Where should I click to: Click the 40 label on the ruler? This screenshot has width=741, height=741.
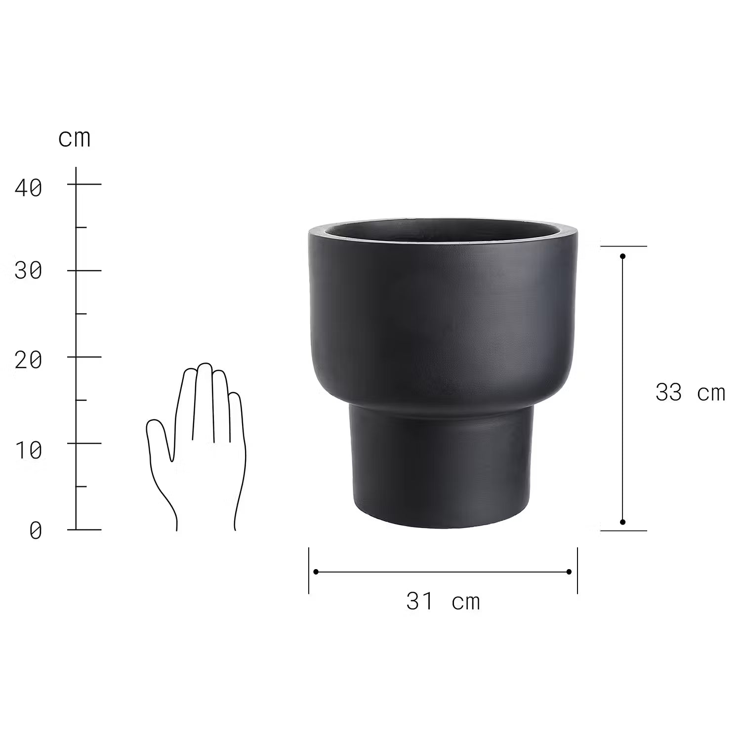click(29, 188)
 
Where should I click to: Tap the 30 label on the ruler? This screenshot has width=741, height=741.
click(29, 271)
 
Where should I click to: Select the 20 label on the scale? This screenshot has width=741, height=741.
click(29, 361)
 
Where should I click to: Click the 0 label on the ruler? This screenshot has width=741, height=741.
click(36, 531)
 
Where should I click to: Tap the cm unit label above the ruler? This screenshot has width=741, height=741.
click(75, 139)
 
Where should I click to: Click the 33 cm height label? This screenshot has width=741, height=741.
click(690, 393)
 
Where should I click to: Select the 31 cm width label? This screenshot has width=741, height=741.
click(443, 602)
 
